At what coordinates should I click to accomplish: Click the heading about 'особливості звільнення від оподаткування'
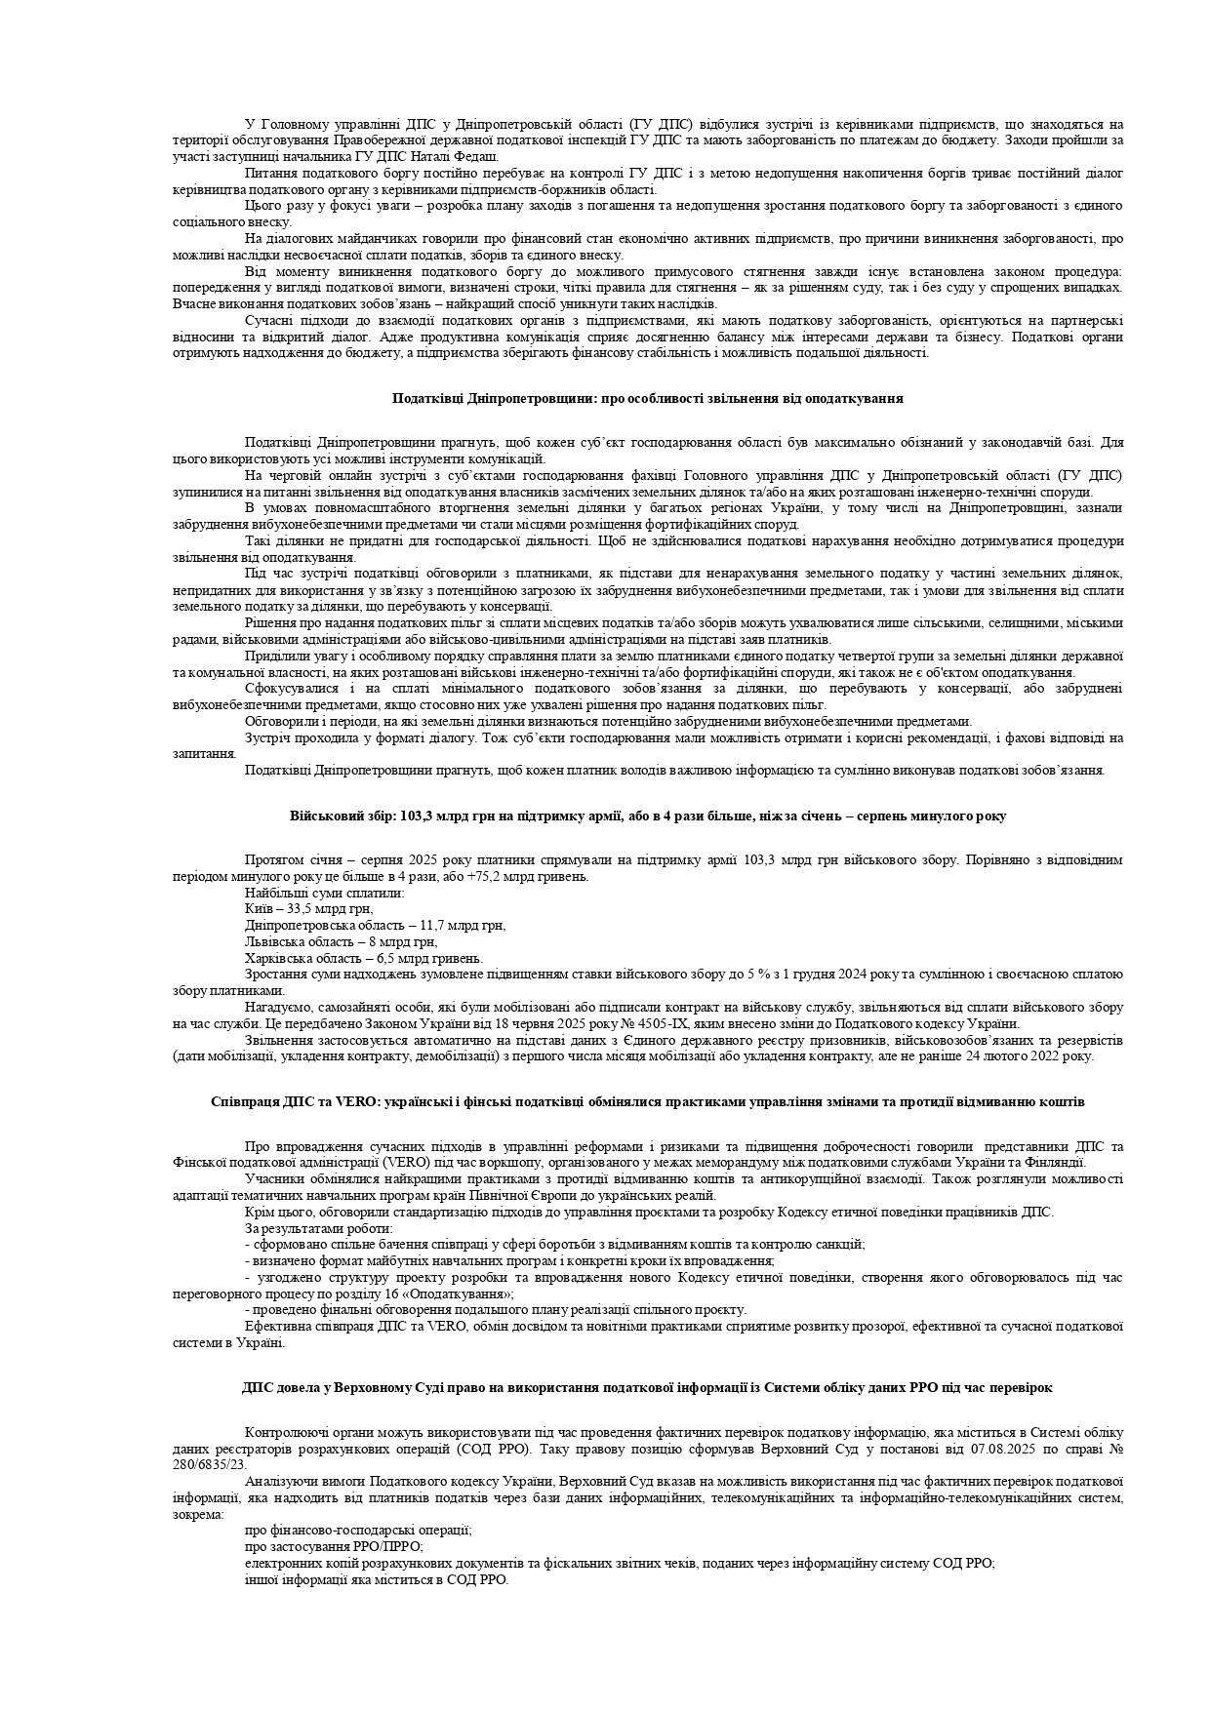point(647,398)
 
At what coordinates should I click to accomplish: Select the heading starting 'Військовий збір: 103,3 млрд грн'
point(647,816)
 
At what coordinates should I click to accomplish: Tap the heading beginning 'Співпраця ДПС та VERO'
point(647,1101)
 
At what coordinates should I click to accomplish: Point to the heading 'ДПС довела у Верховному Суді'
point(647,1387)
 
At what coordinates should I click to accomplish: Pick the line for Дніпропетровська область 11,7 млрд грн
point(376,925)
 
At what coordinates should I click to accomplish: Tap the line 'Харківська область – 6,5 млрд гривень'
point(364,958)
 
